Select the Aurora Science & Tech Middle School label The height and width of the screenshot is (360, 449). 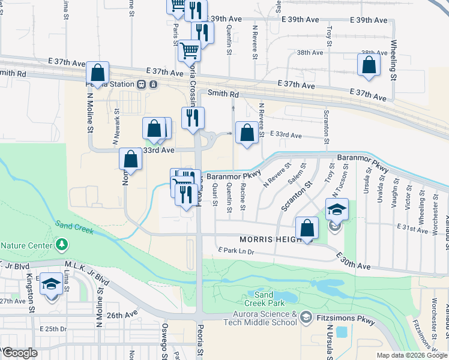261,318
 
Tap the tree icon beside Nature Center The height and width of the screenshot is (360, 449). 61,245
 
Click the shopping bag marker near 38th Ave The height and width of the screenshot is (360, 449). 368,66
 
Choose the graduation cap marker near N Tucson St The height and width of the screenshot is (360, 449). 337,210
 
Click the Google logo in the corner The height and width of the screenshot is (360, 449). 20,353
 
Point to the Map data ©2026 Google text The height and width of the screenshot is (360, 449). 412,355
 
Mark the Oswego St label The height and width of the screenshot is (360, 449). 164,336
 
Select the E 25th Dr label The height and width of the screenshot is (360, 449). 53,329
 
